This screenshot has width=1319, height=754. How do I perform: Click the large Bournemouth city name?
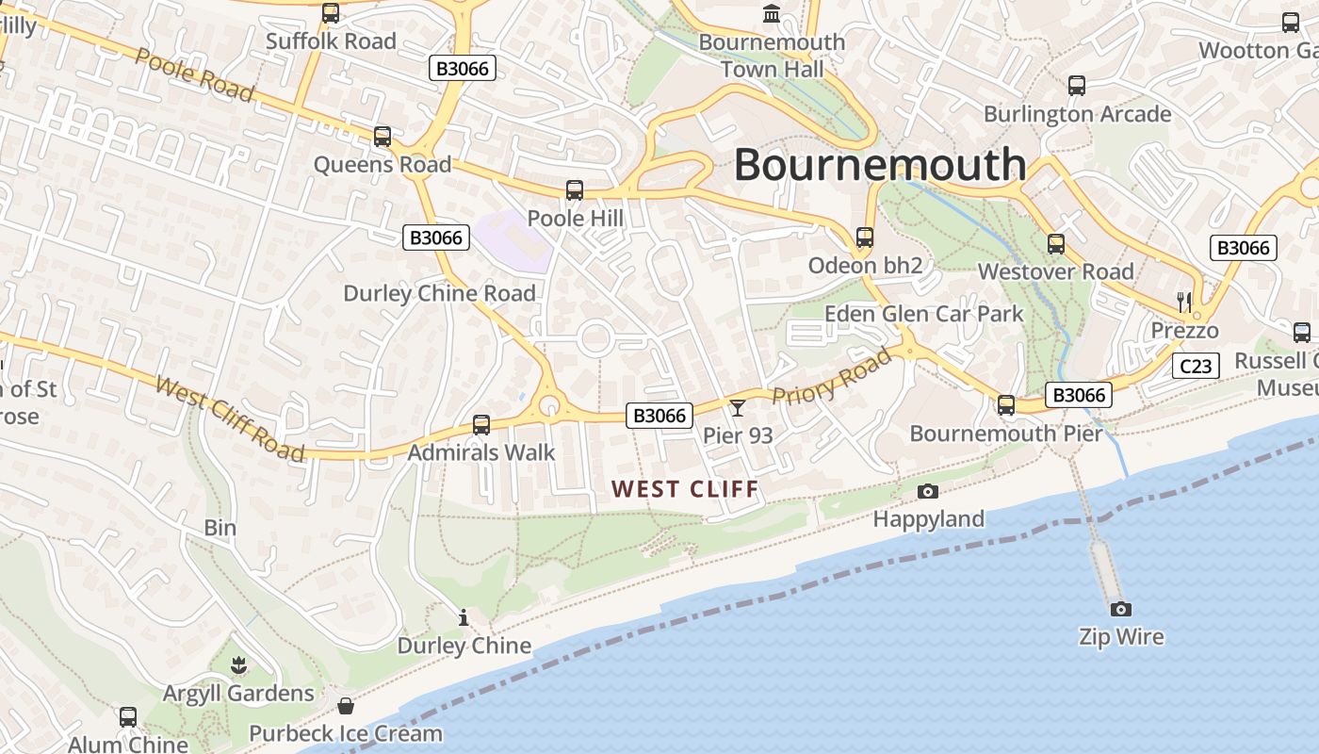click(x=879, y=164)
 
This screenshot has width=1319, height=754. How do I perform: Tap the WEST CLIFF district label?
click(x=685, y=489)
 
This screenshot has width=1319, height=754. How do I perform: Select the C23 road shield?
click(x=1196, y=366)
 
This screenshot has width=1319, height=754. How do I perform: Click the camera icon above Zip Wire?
click(x=1120, y=609)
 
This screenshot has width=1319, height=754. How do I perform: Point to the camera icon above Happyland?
click(x=928, y=491)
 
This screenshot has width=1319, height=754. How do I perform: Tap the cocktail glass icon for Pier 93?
click(x=738, y=407)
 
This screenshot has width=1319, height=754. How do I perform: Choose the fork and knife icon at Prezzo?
click(x=1184, y=303)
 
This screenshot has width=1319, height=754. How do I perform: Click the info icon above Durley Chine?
click(x=463, y=618)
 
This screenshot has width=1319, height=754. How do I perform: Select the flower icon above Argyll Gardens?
click(x=239, y=665)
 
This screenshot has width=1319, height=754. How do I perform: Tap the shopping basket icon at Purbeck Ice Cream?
click(x=346, y=706)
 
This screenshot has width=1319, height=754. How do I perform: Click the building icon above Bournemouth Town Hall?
click(x=772, y=14)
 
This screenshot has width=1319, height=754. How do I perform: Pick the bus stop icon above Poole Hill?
click(x=575, y=190)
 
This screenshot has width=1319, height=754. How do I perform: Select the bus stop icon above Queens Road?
click(x=383, y=137)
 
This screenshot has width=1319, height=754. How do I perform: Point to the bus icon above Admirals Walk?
click(x=481, y=425)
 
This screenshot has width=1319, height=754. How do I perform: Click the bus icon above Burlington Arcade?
click(x=1077, y=86)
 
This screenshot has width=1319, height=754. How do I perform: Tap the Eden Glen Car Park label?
click(x=923, y=314)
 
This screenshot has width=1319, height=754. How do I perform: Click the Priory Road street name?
click(x=832, y=377)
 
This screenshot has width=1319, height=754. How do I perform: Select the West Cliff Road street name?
click(x=230, y=419)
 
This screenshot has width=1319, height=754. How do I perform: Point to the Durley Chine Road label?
click(x=439, y=293)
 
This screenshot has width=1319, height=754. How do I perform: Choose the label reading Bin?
click(x=220, y=527)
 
